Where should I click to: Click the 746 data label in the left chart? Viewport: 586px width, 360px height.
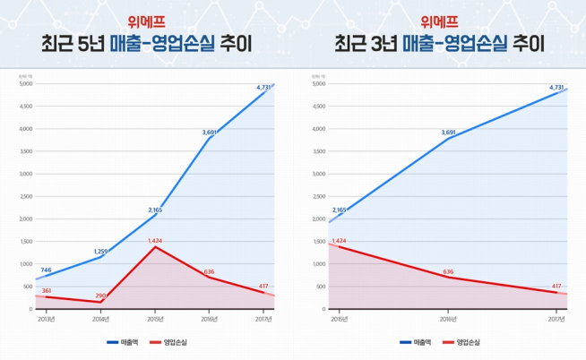[46, 270]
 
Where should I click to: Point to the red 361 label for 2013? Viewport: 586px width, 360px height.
[46, 290]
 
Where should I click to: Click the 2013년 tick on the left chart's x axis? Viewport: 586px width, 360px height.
[46, 318]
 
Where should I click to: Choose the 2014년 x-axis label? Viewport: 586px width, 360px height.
[100, 318]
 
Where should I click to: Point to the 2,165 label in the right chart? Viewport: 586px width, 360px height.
[338, 210]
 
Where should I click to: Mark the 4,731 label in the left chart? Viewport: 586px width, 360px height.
[263, 87]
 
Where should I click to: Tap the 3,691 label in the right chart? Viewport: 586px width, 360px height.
[448, 132]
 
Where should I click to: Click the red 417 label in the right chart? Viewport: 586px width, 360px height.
[557, 286]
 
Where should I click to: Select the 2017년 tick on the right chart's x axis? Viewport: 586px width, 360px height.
[556, 318]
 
